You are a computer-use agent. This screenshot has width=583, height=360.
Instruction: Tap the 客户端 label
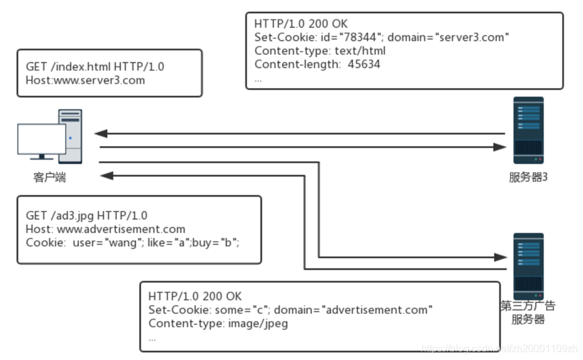50,178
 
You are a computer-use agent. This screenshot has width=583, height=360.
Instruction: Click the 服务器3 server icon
528,130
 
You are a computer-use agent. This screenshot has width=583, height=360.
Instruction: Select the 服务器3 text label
528,178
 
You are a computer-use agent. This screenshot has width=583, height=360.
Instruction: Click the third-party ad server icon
528,265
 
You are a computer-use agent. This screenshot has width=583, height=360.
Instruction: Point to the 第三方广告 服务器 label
528,313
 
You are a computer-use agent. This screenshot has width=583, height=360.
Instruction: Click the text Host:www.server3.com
85,80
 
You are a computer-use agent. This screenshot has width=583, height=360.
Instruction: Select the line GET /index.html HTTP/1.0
95,66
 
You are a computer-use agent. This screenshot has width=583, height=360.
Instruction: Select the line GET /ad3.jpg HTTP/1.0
87,216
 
